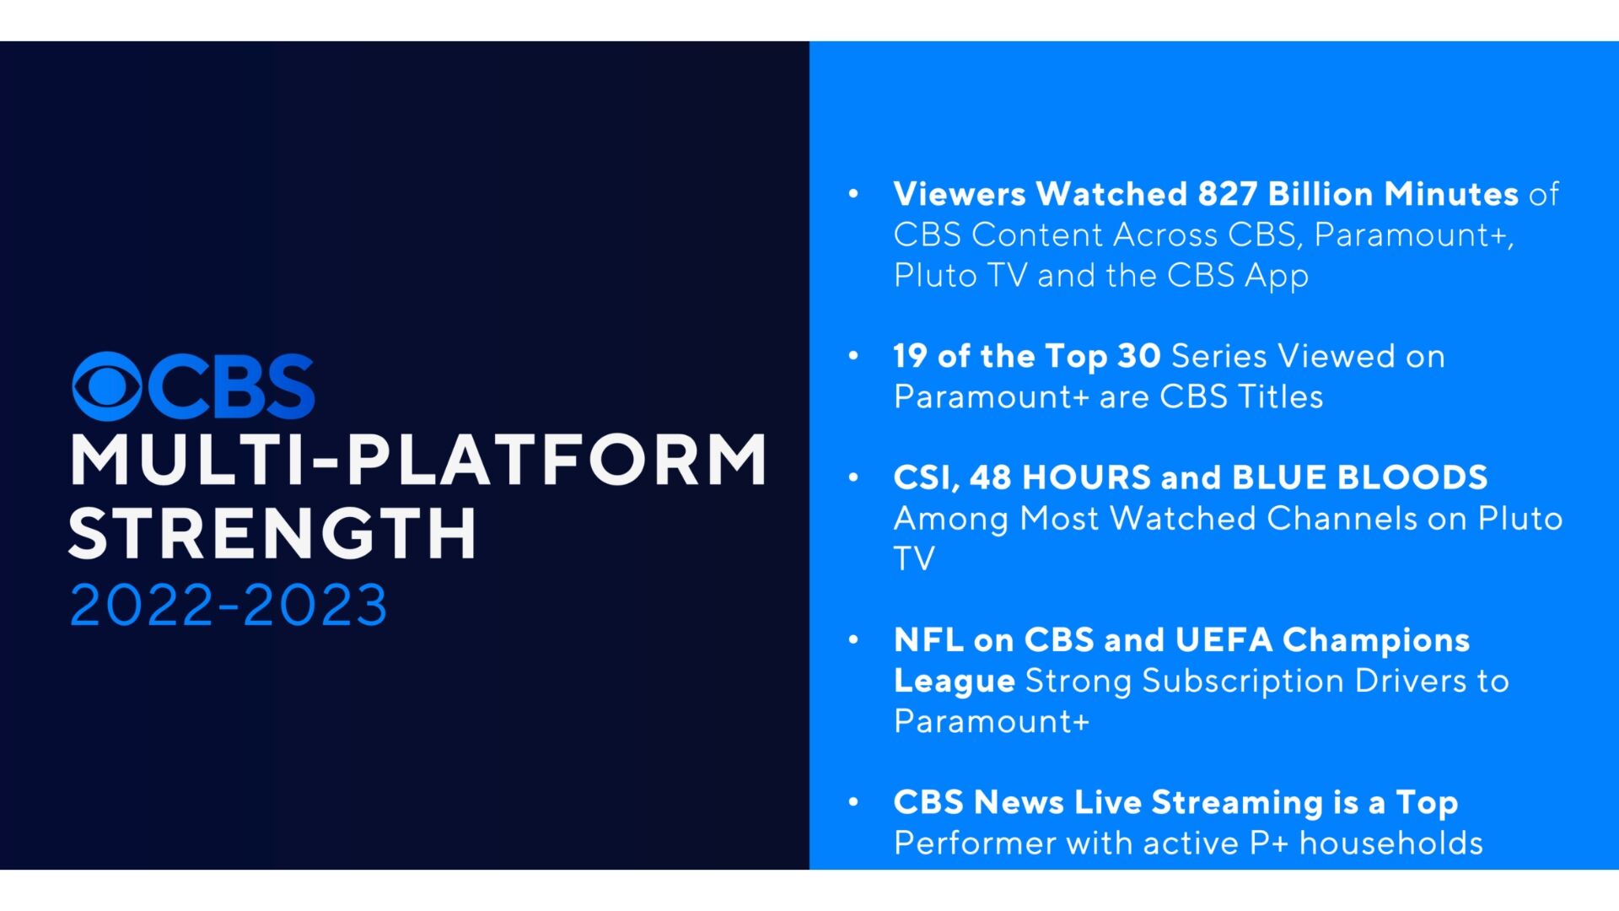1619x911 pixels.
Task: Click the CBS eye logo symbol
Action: (x=107, y=386)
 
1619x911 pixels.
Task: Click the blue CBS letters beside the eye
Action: (x=233, y=386)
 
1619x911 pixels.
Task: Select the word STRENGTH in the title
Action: (x=273, y=534)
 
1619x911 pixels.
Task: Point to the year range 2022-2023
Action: (x=228, y=606)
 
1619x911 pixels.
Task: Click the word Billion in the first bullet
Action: (x=1320, y=194)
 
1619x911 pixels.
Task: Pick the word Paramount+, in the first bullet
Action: (x=1413, y=234)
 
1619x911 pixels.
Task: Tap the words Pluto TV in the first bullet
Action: (x=960, y=276)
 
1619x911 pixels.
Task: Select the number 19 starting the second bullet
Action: (x=910, y=356)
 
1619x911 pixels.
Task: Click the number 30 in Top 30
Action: (x=1138, y=356)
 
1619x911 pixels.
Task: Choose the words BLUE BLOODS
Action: (x=1359, y=477)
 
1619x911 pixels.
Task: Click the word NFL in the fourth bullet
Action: (x=928, y=640)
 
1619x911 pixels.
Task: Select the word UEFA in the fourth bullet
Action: (x=1223, y=640)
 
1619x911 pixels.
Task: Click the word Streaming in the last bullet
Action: (x=1237, y=802)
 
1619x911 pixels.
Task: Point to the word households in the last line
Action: (x=1390, y=843)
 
